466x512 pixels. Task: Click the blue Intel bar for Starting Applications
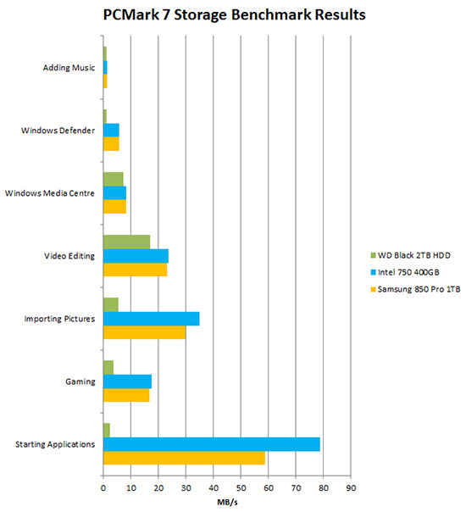tap(212, 444)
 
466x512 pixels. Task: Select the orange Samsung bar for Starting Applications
tap(184, 458)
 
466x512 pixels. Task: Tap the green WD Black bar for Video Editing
tap(126, 242)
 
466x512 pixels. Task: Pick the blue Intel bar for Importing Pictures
tap(152, 319)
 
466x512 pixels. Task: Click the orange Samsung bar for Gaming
tap(126, 395)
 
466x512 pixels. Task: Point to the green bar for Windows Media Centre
tap(114, 179)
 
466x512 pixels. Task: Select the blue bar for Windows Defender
tap(111, 131)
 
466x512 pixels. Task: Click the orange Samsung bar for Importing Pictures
tap(145, 332)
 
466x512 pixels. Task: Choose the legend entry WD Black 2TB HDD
tap(411, 255)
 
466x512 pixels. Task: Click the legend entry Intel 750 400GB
tap(405, 272)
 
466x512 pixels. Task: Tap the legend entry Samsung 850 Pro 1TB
tap(415, 289)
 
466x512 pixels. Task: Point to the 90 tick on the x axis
tap(351, 488)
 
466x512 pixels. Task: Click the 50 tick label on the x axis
tap(241, 488)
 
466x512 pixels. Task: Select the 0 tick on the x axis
tap(103, 488)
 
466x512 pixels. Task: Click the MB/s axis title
tap(227, 502)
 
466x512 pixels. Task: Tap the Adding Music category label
tap(69, 68)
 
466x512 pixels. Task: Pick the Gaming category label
tap(80, 381)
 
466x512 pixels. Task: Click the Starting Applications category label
tap(55, 444)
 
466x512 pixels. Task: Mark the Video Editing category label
tap(69, 256)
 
